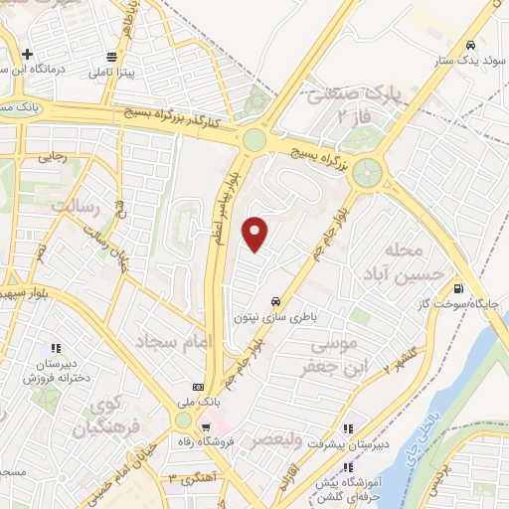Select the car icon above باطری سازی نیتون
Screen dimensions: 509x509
(273, 301)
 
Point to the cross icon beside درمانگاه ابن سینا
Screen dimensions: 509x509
(28, 54)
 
